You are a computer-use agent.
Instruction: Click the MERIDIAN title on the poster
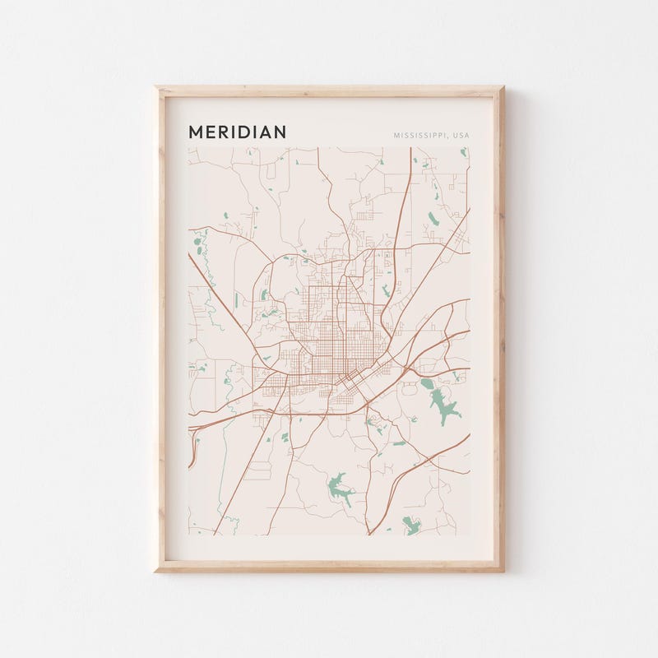237,132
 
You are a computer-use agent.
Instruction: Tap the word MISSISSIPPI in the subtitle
420,135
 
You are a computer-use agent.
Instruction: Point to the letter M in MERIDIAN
195,132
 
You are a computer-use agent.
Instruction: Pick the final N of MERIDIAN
280,132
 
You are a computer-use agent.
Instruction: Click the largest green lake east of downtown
443,403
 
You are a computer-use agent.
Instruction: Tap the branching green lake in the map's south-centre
338,488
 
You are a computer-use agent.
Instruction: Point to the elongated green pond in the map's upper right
433,218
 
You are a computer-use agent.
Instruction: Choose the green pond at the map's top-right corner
464,151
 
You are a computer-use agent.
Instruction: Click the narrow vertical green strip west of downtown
238,299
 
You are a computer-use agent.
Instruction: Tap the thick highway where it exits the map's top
410,151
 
